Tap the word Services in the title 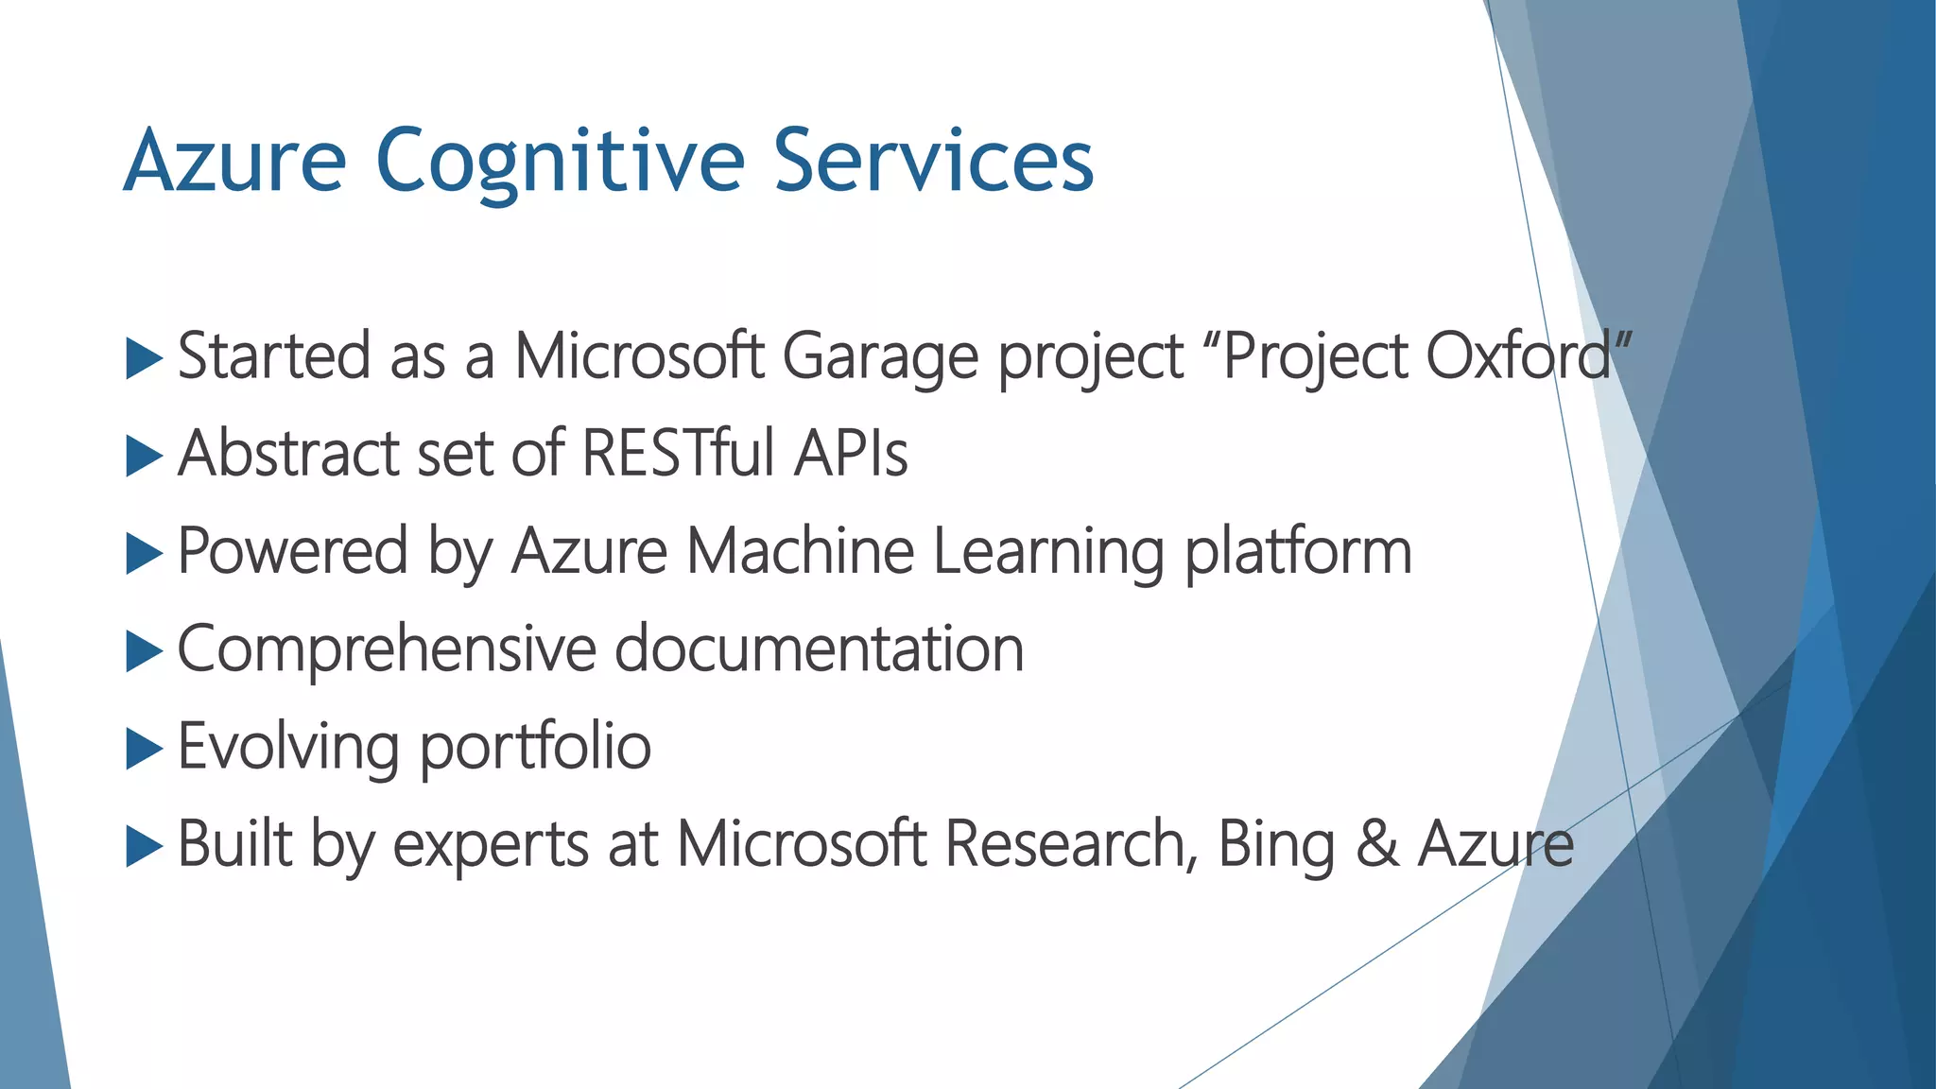934,161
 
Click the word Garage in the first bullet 880,358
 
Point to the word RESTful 679,454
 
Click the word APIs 851,454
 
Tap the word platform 1298,552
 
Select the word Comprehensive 387,650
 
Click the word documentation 820,649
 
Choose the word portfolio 535,748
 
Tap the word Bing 1275,845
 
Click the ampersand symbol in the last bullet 1377,844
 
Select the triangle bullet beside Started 144,360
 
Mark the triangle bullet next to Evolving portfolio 144,749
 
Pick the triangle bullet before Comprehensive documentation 144,651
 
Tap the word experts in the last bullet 491,845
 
